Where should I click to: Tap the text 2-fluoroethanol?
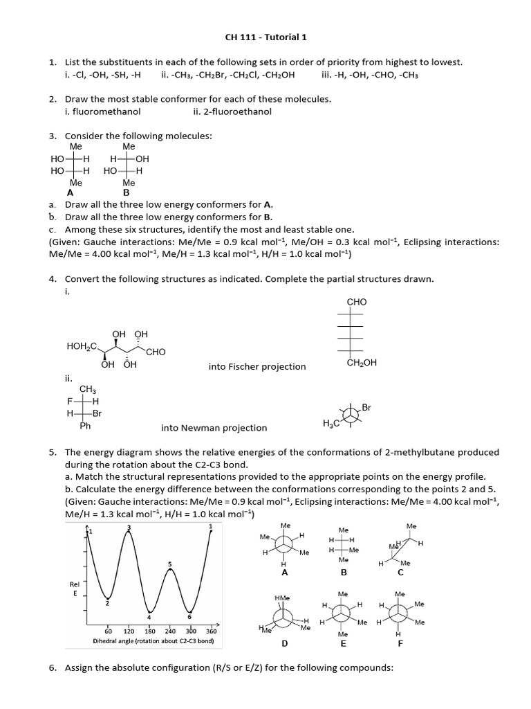[233, 111]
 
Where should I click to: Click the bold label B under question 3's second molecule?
[126, 193]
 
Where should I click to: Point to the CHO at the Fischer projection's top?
[356, 303]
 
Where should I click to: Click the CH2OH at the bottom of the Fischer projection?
[362, 362]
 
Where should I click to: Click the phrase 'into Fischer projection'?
[257, 366]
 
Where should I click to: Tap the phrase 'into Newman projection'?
[214, 428]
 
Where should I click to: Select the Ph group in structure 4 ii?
[86, 426]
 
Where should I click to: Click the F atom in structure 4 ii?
[69, 401]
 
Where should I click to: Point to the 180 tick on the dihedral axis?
[149, 631]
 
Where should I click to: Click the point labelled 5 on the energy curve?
[169, 565]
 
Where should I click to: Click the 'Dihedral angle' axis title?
[153, 641]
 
